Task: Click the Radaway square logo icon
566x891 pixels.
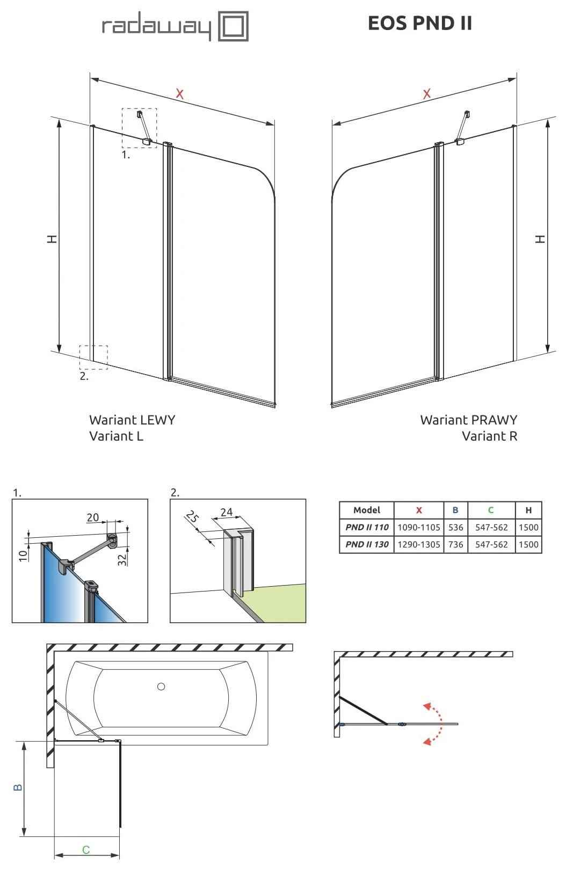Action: (x=233, y=26)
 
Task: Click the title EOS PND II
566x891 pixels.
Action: (x=419, y=23)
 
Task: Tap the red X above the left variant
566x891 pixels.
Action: (x=179, y=94)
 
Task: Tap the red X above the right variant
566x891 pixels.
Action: (x=426, y=94)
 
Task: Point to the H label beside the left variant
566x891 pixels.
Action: (x=52, y=239)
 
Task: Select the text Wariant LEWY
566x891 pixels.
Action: (x=132, y=420)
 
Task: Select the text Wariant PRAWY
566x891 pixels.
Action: (x=468, y=420)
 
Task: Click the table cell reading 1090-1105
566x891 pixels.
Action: (x=418, y=527)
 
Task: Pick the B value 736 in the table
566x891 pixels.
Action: (x=455, y=544)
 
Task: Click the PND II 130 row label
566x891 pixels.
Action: (x=367, y=544)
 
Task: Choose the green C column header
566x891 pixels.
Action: (x=490, y=510)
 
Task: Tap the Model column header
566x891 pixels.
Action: (x=367, y=510)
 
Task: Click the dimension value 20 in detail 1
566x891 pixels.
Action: (x=93, y=517)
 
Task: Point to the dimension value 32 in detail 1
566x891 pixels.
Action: (x=122, y=559)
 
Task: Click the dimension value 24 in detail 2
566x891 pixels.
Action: (x=227, y=512)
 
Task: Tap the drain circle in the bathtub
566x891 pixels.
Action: (x=161, y=686)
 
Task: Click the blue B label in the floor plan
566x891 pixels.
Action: (x=18, y=787)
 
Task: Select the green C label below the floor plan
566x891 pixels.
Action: (x=86, y=850)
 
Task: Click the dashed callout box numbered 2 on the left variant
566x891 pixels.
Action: (x=93, y=357)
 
